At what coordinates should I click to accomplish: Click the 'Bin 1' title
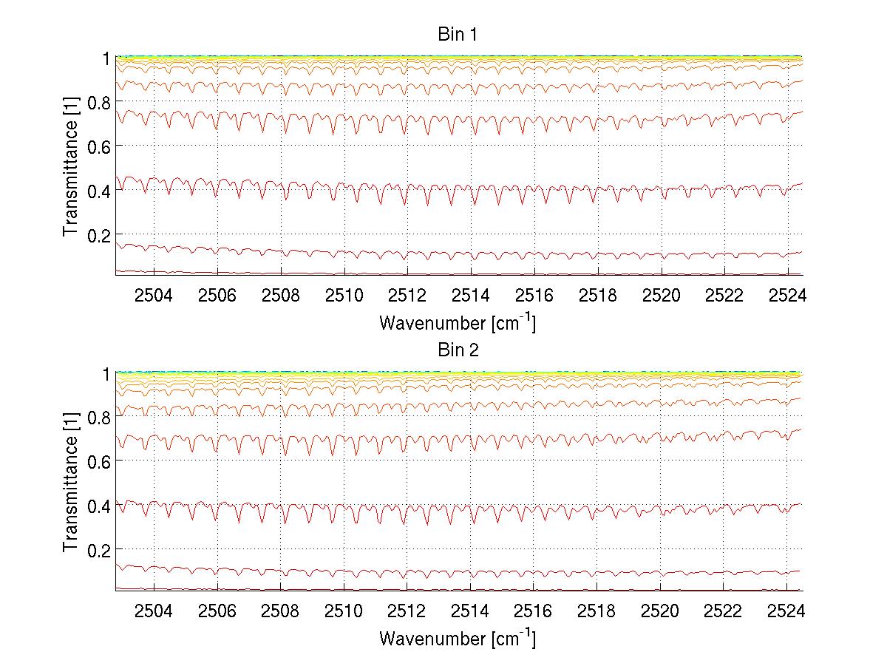pyautogui.click(x=458, y=35)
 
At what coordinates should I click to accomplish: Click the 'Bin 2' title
pyautogui.click(x=458, y=350)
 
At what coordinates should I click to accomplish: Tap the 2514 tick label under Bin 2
pyautogui.click(x=470, y=612)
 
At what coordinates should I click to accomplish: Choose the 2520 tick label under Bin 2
pyautogui.click(x=660, y=612)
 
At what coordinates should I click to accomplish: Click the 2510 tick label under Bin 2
pyautogui.click(x=344, y=612)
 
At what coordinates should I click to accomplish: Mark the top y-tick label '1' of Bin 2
pyautogui.click(x=106, y=374)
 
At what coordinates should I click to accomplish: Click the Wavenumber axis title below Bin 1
pyautogui.click(x=458, y=323)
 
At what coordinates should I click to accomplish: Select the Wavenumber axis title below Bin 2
pyautogui.click(x=458, y=639)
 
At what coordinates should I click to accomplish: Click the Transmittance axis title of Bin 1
pyautogui.click(x=71, y=167)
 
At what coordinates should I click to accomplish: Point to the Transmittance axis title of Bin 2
pyautogui.click(x=71, y=483)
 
